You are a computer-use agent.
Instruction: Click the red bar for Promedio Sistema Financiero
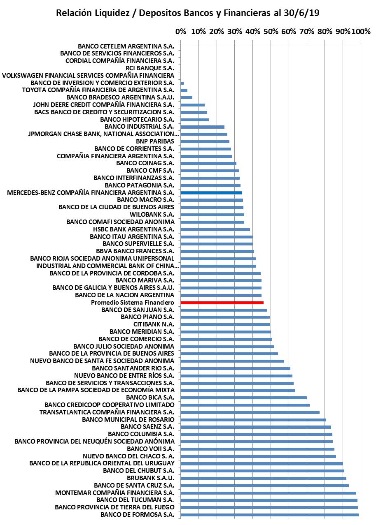(222, 303)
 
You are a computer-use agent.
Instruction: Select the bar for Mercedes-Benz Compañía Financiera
(211, 192)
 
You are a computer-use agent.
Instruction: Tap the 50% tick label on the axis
(271, 31)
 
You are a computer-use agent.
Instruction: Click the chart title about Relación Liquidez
(188, 13)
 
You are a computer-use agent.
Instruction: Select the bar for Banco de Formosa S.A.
(269, 515)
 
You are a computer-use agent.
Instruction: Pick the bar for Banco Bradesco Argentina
(187, 97)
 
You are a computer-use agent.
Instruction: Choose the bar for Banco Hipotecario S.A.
(195, 120)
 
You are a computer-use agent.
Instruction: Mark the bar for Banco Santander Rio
(236, 368)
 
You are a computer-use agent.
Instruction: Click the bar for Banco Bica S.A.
(244, 398)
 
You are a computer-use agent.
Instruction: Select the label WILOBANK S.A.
(152, 215)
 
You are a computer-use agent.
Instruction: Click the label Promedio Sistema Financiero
(133, 303)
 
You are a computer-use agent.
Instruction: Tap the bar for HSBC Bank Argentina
(215, 229)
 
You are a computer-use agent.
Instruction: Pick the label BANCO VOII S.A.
(150, 449)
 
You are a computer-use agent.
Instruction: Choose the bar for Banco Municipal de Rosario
(253, 420)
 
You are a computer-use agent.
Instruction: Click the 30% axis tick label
(234, 31)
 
